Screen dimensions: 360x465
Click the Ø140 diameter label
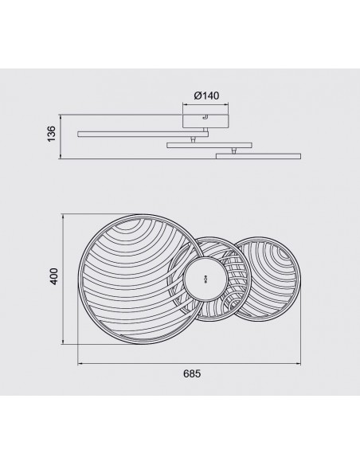207,96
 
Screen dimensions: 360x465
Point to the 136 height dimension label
52,134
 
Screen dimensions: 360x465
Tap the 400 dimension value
54,276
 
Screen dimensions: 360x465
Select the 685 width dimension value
192,373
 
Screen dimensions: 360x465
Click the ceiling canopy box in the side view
205,121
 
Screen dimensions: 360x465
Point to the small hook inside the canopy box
205,118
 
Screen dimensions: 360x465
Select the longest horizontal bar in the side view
143,135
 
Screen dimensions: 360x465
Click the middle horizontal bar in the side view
209,145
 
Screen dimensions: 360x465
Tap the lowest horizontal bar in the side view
258,156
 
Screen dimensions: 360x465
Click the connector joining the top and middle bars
193,139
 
